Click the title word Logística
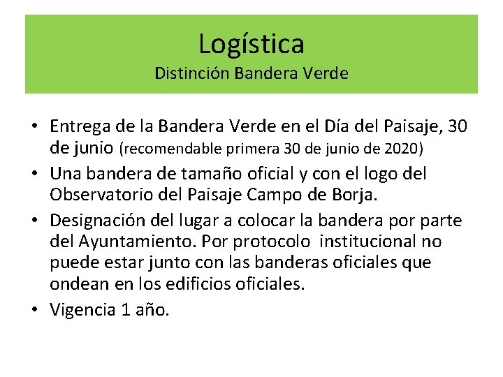(251, 44)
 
